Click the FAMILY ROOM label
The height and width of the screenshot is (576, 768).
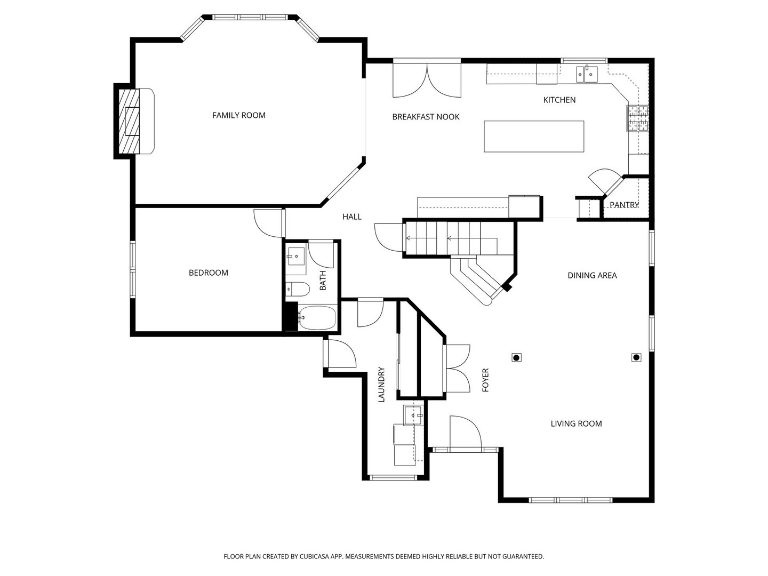coord(238,115)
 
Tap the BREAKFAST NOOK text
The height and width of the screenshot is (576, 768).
coord(426,117)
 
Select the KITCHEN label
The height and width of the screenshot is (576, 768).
coord(559,100)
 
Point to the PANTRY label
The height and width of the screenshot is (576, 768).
coord(623,205)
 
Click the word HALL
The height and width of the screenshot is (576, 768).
coord(351,217)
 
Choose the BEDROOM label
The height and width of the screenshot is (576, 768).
coord(208,273)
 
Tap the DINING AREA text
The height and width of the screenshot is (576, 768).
coord(592,275)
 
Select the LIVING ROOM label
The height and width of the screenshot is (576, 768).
coord(576,423)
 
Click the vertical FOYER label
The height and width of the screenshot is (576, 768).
coord(485,380)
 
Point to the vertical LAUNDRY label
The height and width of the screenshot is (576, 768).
coord(381,384)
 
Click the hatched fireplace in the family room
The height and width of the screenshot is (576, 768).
coord(128,121)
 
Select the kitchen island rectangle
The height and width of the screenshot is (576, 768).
coord(533,137)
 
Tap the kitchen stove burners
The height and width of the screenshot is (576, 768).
coord(638,118)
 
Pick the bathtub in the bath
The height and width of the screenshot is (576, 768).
coord(317,318)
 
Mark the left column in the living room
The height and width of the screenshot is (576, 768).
coord(516,357)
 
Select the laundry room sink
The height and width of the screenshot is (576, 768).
coord(413,415)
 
